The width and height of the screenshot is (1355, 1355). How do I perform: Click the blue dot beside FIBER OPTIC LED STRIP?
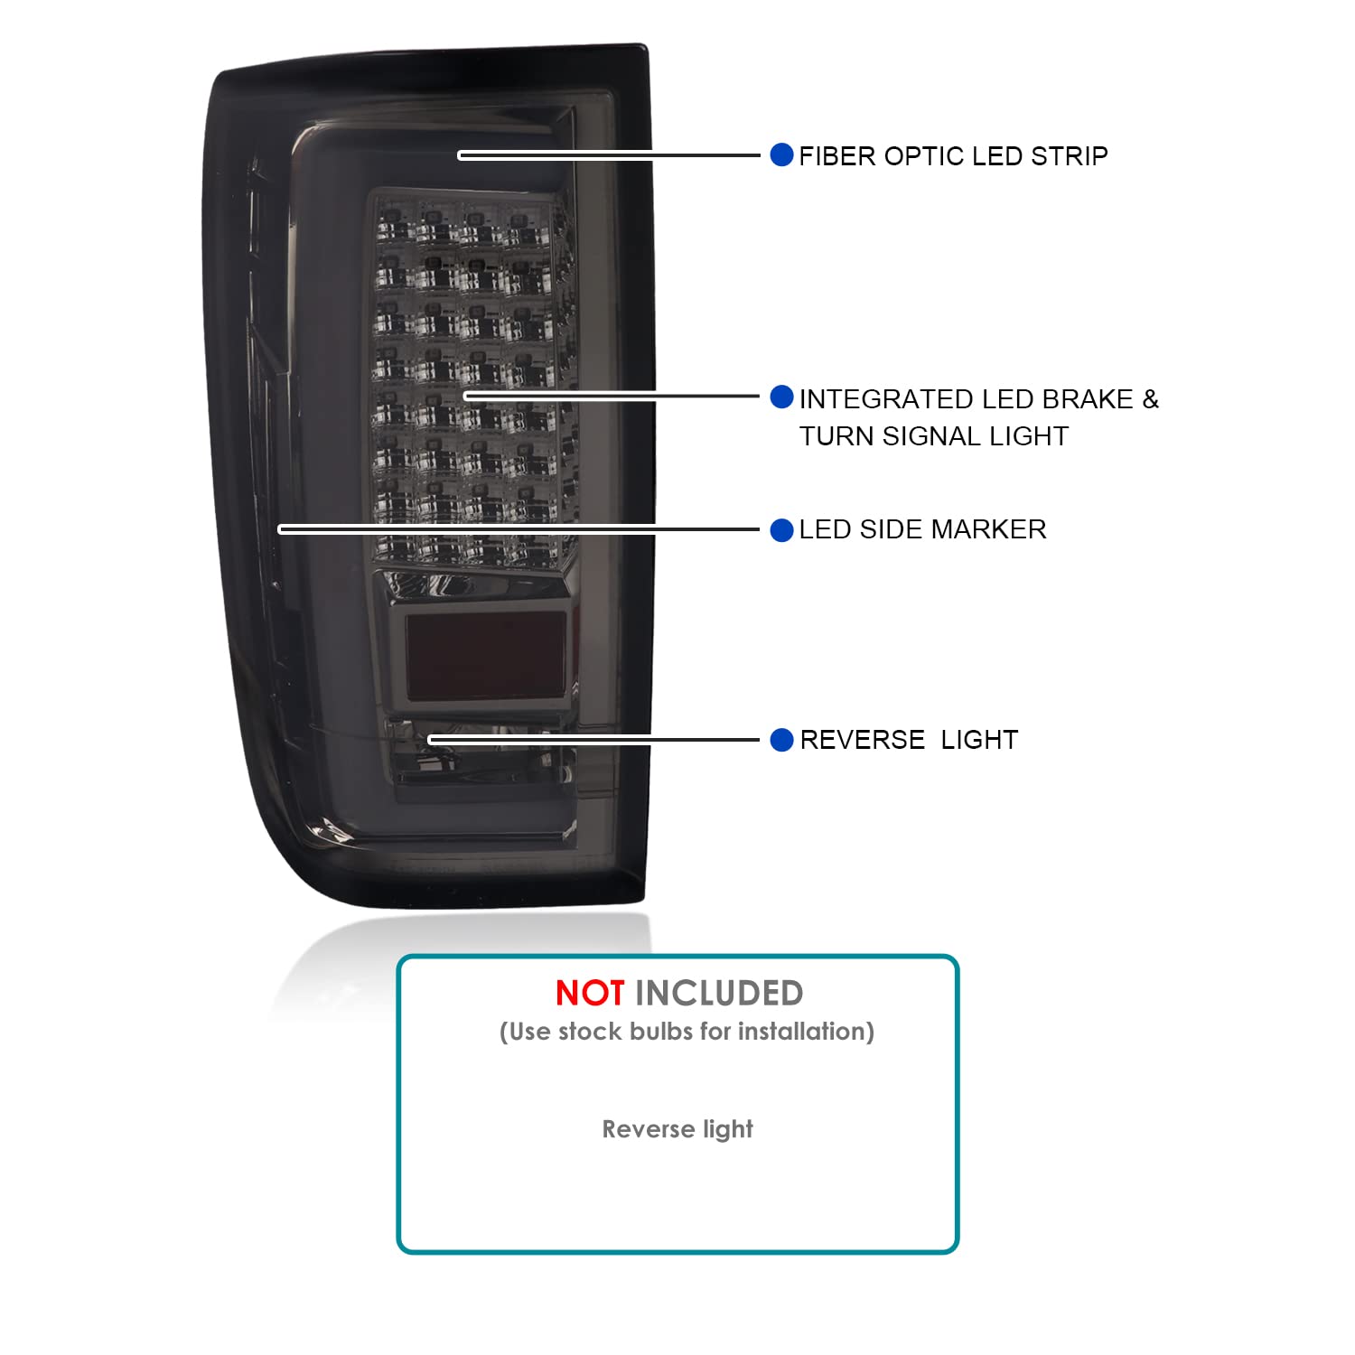[x=781, y=154]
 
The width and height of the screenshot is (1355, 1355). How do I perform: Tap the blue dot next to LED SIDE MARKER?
[x=781, y=530]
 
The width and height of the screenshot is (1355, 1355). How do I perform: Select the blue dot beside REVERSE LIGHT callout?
[x=781, y=740]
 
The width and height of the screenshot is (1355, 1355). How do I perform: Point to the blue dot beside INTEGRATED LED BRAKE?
[x=781, y=397]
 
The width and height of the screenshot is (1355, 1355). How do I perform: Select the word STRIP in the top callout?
[x=1069, y=156]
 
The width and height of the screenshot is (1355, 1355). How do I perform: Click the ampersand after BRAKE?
[x=1150, y=399]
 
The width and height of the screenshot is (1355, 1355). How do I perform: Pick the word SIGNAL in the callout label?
[x=931, y=436]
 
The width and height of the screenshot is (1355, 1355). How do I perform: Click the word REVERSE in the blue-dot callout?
[x=863, y=740]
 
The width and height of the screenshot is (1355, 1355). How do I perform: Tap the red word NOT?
[x=589, y=994]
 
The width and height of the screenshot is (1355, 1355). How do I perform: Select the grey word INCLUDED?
[x=719, y=994]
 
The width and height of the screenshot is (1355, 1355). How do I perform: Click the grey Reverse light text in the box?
[x=677, y=1129]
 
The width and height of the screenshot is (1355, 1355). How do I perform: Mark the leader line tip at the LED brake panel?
[x=466, y=396]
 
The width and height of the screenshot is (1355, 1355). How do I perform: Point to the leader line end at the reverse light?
[x=431, y=740]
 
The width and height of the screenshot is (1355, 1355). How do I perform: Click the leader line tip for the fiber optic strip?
[x=461, y=155]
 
